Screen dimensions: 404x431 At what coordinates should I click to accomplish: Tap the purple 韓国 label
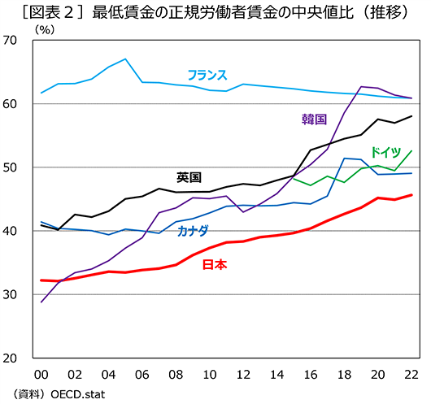313,119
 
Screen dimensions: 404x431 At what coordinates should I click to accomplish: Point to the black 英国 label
189,176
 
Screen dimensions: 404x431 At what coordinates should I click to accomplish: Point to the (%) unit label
45,29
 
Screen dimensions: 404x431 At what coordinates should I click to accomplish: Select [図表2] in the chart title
51,11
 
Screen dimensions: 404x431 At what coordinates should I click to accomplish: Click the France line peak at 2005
125,59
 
